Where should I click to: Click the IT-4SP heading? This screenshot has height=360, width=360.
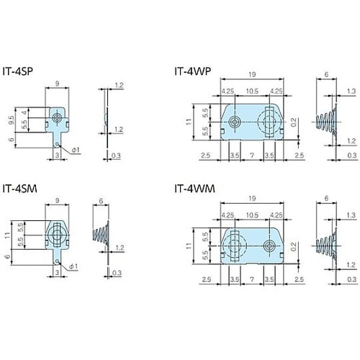(17, 71)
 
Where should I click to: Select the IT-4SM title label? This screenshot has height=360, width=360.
(19, 189)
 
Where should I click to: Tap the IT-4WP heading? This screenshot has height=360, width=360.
(193, 71)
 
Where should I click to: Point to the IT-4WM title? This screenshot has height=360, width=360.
(194, 189)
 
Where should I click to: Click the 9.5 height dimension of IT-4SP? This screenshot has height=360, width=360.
(12, 120)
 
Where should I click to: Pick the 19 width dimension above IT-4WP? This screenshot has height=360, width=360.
(252, 74)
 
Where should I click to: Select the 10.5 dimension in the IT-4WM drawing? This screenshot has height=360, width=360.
(252, 215)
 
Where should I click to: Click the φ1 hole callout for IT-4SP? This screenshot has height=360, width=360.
(76, 150)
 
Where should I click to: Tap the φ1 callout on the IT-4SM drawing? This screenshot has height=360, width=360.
(73, 266)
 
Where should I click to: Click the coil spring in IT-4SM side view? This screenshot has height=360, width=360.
(100, 234)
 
